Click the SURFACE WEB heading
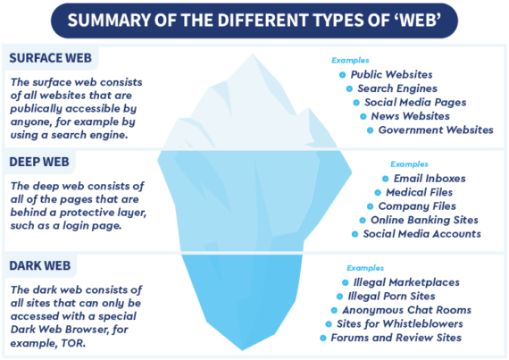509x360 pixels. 50,58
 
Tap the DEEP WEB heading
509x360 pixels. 39,162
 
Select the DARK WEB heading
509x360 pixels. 40,266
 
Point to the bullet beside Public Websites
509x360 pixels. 342,75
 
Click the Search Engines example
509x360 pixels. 397,88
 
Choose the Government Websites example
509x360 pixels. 436,130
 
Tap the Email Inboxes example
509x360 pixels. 430,179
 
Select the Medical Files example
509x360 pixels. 419,192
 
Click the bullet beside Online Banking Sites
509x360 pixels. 363,221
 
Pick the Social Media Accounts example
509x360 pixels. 422,234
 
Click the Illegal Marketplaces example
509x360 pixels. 406,282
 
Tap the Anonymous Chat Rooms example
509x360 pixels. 406,310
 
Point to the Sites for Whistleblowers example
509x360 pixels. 399,324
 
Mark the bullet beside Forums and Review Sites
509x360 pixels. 323,339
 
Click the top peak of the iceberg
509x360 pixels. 253,54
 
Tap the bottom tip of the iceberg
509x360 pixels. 242,350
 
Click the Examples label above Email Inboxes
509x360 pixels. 409,164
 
